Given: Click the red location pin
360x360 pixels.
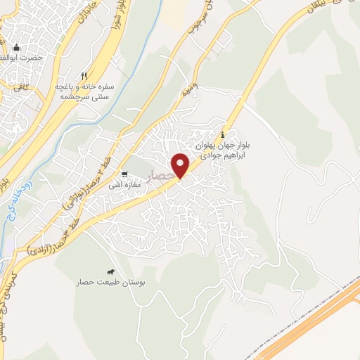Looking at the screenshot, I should [181, 165].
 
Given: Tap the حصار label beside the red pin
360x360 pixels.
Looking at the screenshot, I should [163, 173].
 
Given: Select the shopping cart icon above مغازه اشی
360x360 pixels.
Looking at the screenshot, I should [124, 175].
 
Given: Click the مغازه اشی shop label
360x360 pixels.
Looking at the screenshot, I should [124, 186].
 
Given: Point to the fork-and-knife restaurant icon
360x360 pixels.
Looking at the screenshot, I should [84, 75].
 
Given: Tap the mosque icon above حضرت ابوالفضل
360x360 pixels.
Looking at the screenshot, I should [16, 48].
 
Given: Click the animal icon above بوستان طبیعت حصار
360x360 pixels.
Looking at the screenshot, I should [110, 271].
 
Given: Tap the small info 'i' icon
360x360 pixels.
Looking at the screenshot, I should [223, 135].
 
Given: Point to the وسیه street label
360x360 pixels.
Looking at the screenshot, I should [188, 90].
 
